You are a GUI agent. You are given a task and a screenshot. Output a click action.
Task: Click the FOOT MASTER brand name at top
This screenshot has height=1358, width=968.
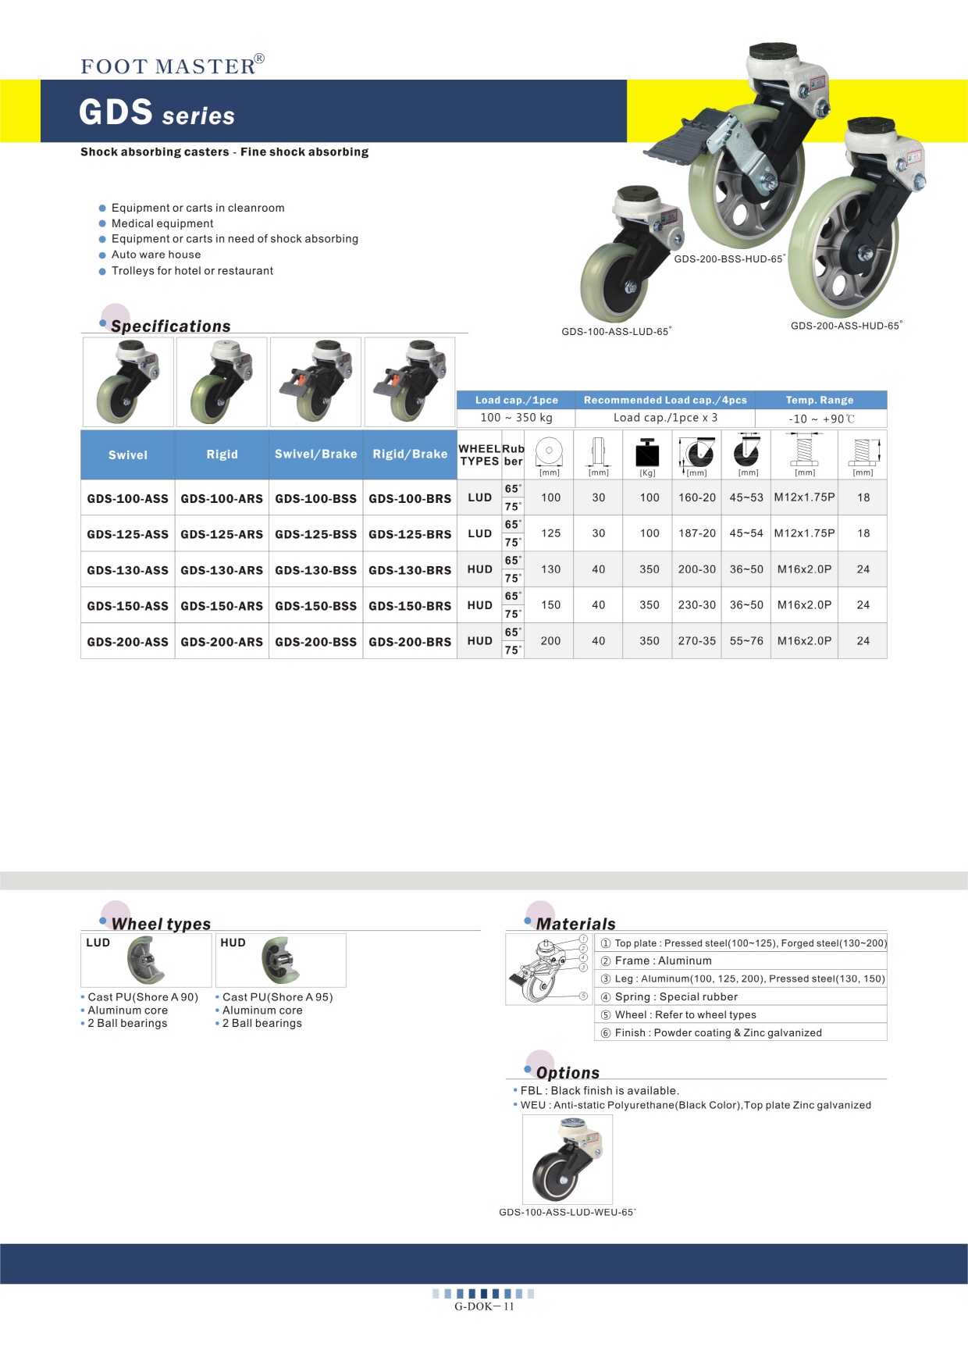[x=169, y=66]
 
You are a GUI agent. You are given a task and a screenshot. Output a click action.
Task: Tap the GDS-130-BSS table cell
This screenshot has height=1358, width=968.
[x=315, y=570]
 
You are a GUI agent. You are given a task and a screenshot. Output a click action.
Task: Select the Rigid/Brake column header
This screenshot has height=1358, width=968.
[x=410, y=454]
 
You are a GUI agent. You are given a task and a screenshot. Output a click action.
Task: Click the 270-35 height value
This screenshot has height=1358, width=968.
[x=696, y=641]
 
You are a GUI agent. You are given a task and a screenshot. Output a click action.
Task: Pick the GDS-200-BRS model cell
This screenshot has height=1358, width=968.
[x=410, y=642]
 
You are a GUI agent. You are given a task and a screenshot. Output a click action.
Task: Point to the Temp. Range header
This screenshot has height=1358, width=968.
[x=819, y=400]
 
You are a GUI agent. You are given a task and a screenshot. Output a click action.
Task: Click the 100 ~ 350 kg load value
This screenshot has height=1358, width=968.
[x=516, y=418]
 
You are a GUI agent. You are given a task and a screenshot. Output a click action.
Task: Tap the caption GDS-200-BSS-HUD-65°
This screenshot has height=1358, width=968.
[x=729, y=259]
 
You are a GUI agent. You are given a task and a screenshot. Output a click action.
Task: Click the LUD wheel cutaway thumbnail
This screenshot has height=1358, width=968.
[x=146, y=961]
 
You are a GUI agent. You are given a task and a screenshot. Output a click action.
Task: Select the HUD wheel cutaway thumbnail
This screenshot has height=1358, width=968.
[x=280, y=961]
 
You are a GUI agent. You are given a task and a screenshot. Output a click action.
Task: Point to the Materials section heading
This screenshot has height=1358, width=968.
[x=575, y=924]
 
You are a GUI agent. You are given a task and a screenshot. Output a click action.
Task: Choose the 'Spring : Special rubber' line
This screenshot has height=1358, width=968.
[x=676, y=996]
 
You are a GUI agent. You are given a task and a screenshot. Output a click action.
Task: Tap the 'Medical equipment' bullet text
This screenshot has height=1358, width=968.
[x=162, y=223]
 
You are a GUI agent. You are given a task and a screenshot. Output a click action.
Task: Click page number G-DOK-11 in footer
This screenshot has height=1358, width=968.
[x=484, y=1306]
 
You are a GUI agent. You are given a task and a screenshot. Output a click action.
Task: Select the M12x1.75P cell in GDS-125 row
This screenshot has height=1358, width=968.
[x=804, y=533]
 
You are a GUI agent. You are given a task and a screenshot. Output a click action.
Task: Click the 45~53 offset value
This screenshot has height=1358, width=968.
[x=746, y=497]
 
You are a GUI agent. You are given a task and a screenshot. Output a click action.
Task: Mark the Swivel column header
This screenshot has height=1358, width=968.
[x=128, y=454]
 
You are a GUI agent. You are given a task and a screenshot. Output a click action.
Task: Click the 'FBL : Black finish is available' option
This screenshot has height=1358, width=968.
[x=600, y=1091]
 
